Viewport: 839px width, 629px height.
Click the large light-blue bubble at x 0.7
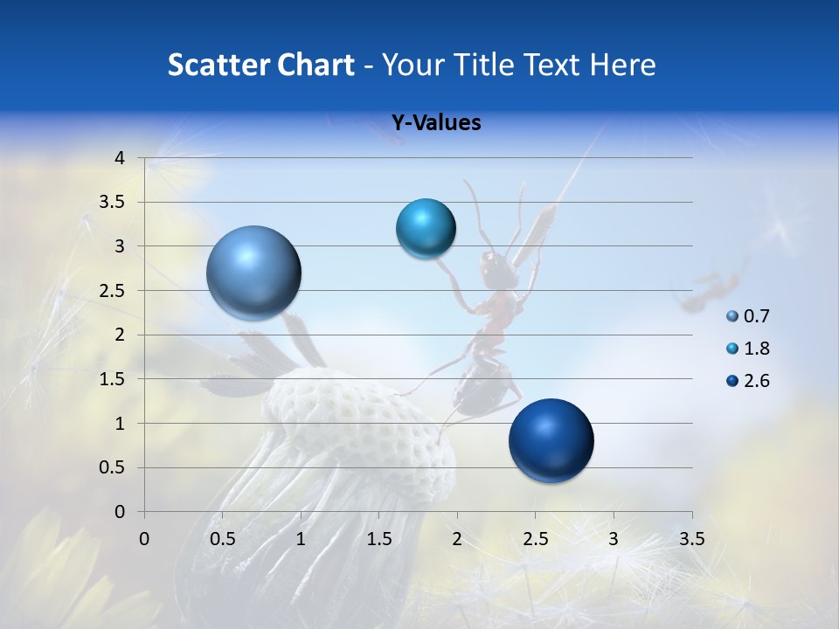pos(253,273)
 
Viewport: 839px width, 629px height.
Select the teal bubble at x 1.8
pos(426,228)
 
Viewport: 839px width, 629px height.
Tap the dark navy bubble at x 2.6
pos(551,440)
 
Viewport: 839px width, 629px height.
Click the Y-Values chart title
pos(436,123)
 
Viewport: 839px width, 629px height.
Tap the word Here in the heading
pos(621,65)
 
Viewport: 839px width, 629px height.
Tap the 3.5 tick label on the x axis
pos(691,538)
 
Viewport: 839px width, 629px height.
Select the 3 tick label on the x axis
pos(613,538)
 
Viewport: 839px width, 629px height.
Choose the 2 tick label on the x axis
pos(456,538)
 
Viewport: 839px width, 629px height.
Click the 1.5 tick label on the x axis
pos(378,538)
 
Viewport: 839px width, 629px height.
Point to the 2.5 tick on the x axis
pos(535,538)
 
